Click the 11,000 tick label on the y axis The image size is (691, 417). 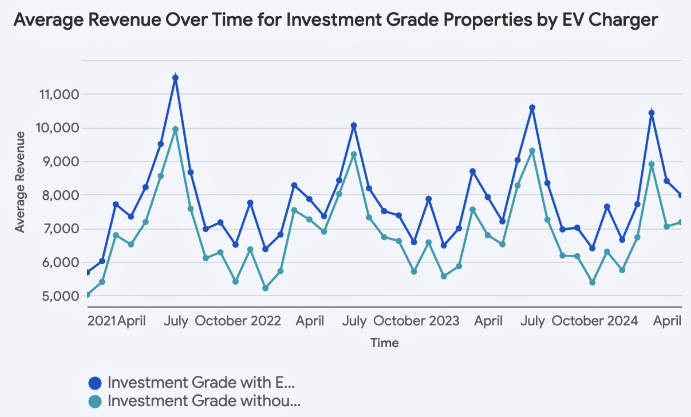point(59,95)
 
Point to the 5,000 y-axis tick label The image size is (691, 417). point(60,296)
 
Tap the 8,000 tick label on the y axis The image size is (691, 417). point(60,195)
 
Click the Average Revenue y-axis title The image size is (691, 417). point(20,182)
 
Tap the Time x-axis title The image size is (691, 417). point(385,343)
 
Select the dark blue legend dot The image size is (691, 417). point(95,383)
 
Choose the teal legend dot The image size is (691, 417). point(95,401)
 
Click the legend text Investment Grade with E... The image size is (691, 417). point(201,383)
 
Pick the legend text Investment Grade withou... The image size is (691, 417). point(204,401)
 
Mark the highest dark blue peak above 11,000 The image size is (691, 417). point(175,78)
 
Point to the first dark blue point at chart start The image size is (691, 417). point(88,272)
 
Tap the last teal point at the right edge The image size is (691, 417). point(681,222)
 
